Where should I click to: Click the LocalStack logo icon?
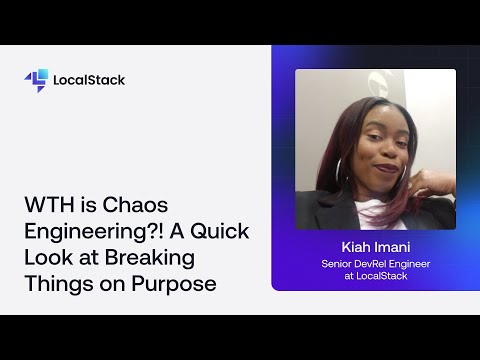36,80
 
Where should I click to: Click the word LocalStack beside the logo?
90,80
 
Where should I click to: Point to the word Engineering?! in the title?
88,232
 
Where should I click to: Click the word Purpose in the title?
177,284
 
